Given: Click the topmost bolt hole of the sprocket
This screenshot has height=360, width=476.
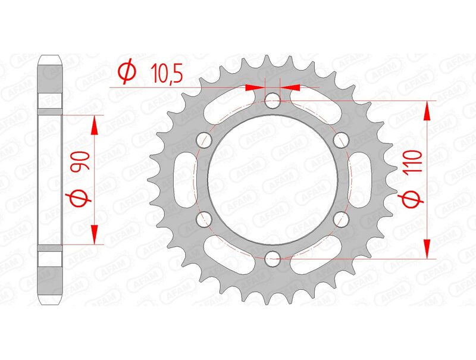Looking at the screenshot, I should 273,101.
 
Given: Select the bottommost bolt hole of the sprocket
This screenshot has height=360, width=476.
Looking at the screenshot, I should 273,258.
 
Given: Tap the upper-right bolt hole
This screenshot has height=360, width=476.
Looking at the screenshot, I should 341,140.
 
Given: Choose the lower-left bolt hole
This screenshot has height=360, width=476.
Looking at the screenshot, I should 204,219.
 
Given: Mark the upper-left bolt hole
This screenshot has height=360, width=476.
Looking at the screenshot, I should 204,140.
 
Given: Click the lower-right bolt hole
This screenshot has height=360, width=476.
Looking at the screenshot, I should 341,219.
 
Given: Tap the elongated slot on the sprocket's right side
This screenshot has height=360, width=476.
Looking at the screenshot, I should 365,180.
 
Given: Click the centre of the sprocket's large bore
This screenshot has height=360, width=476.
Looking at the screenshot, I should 273,180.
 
